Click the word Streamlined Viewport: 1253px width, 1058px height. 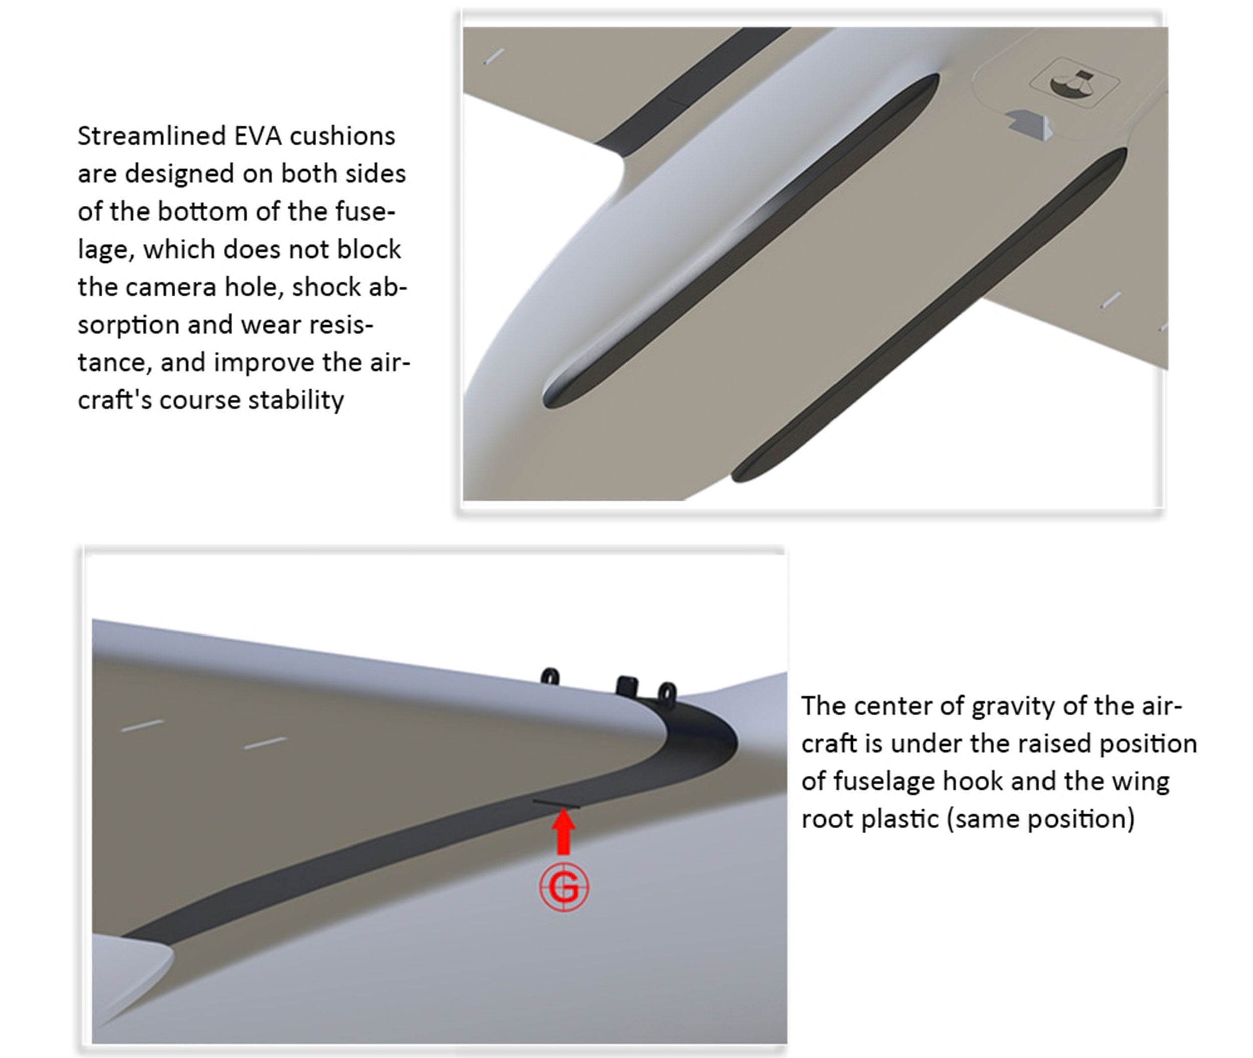[x=152, y=136]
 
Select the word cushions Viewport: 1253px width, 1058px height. [x=342, y=136]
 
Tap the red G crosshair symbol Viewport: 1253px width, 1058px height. [x=564, y=887]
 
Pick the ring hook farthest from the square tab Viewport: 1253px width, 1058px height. [x=550, y=676]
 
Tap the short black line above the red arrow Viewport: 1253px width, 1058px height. [x=557, y=804]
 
